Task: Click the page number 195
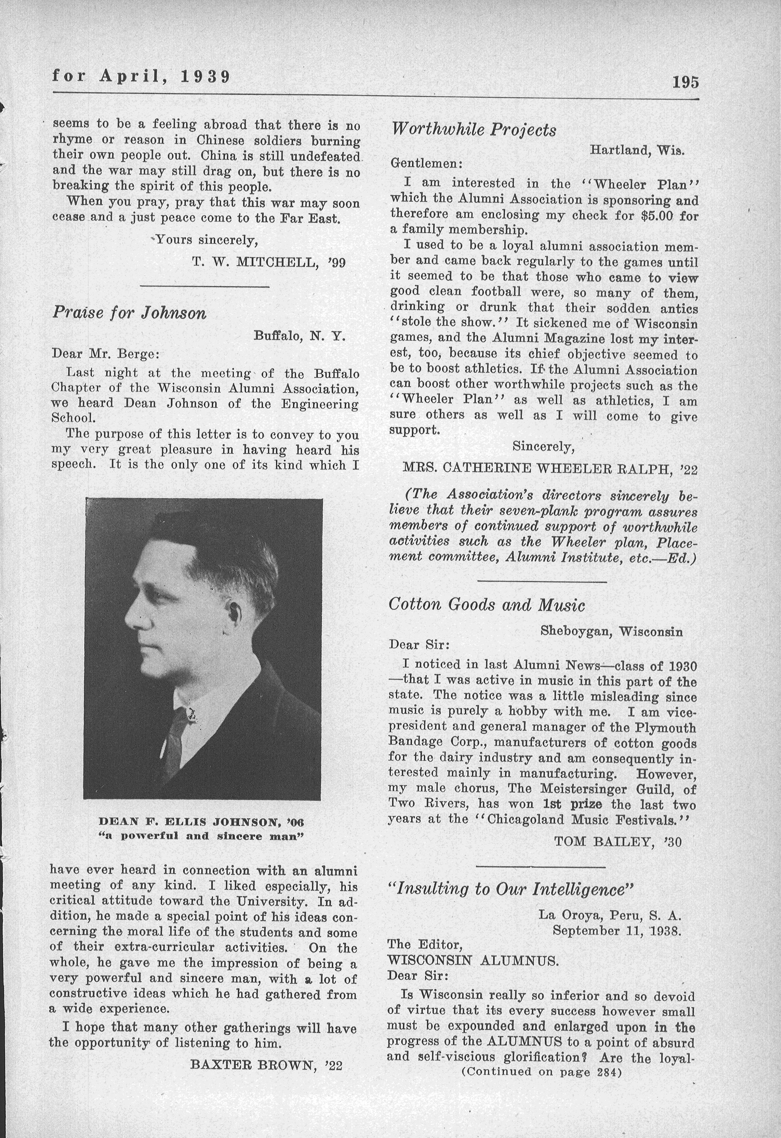coord(685,82)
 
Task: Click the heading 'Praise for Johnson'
coord(129,313)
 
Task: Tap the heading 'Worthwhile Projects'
coord(473,130)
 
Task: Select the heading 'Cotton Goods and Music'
coord(487,605)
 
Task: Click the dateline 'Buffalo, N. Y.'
coord(300,336)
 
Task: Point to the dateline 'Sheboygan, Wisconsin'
coord(611,631)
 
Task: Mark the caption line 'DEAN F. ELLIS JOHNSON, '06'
coord(201,821)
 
